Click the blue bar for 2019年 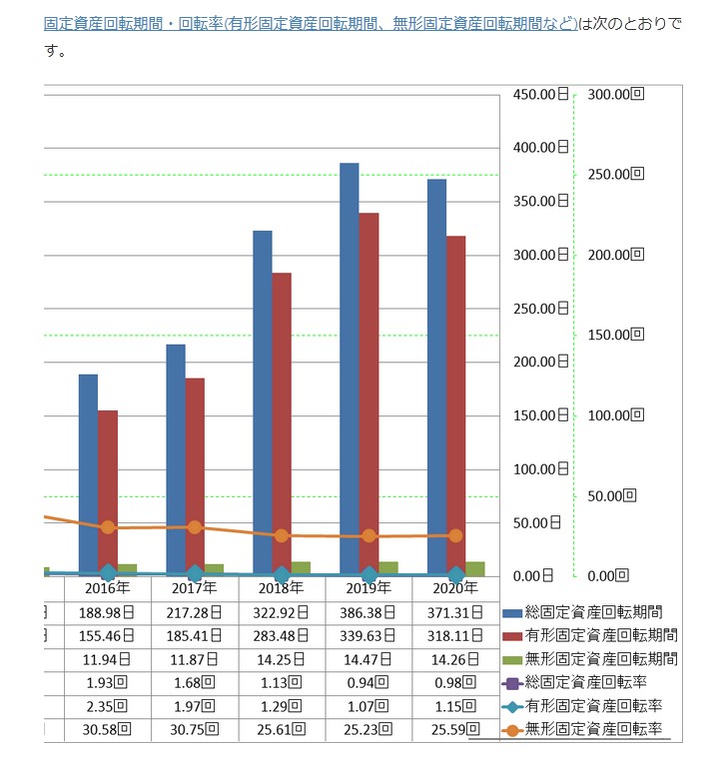click(x=350, y=370)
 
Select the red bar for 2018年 click(x=282, y=424)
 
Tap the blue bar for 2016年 click(x=88, y=474)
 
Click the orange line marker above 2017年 click(x=195, y=527)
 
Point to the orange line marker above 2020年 click(x=455, y=536)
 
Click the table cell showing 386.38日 click(x=367, y=612)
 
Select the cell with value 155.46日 click(x=108, y=635)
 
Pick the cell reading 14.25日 click(x=281, y=658)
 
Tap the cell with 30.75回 click(x=195, y=730)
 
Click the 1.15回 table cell click(x=455, y=706)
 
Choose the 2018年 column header click(x=281, y=588)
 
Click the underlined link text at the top click(x=311, y=23)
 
